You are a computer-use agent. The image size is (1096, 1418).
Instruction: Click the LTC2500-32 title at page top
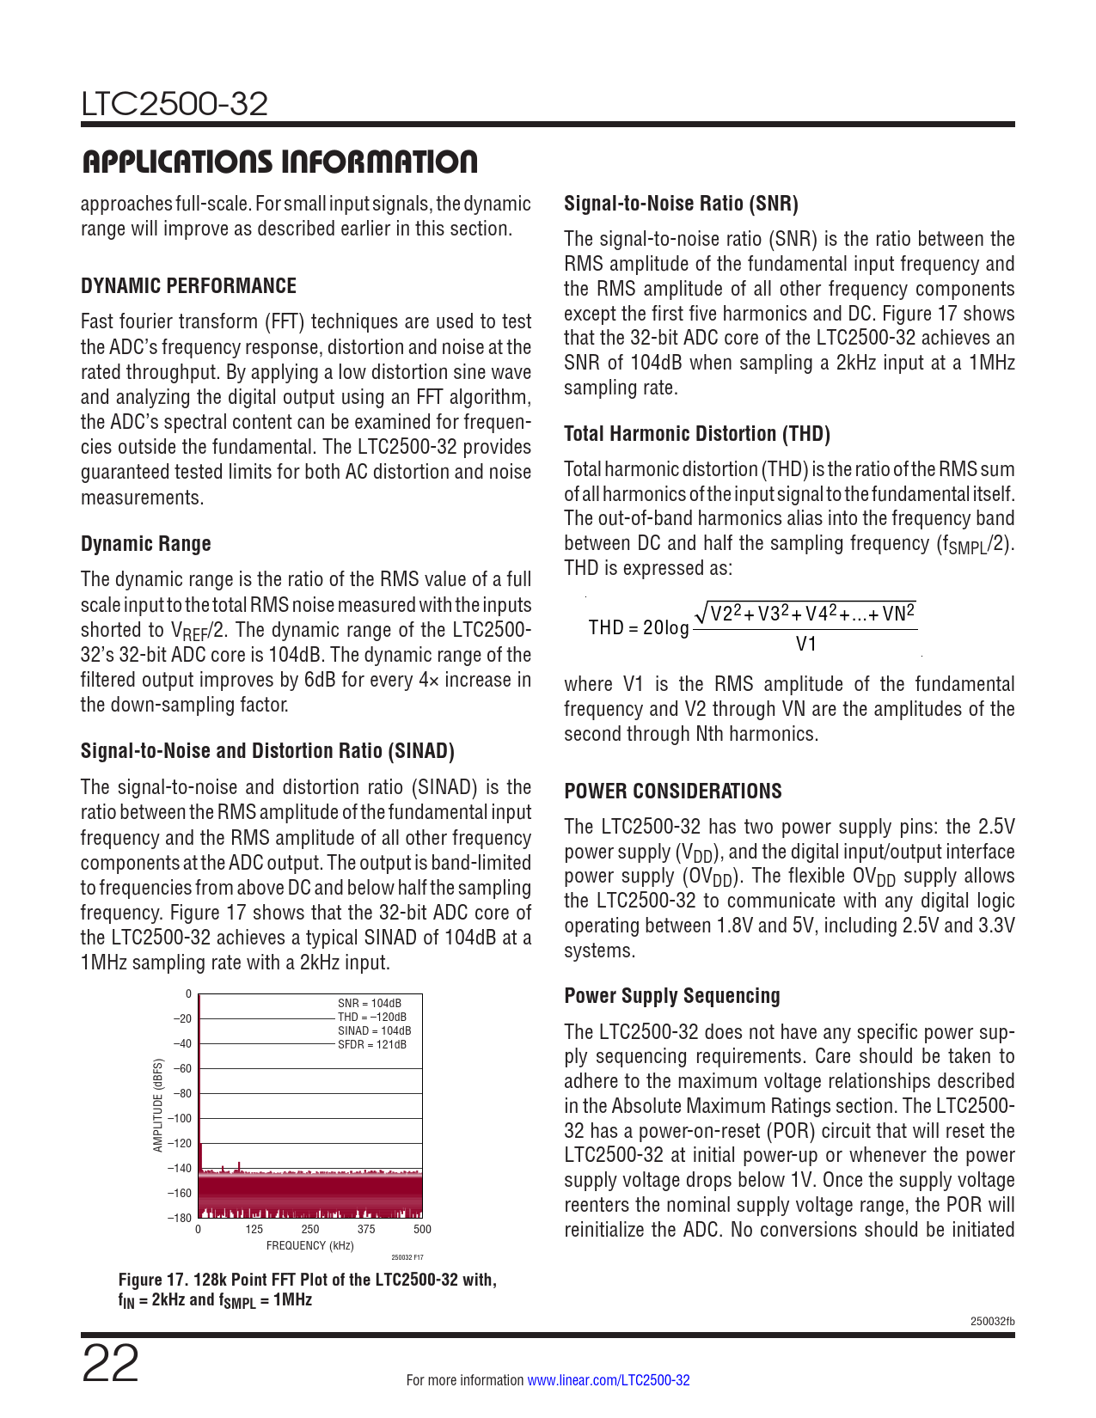click(175, 104)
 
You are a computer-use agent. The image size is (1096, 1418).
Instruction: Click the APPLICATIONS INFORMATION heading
click(279, 162)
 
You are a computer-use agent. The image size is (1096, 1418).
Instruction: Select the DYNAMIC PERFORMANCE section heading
click(188, 286)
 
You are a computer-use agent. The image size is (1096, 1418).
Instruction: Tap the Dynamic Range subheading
click(145, 544)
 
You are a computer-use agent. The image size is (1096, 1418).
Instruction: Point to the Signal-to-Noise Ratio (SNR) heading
click(681, 204)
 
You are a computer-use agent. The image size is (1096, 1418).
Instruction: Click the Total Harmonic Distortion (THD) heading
click(696, 434)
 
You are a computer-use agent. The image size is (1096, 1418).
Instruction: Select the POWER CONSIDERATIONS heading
click(673, 792)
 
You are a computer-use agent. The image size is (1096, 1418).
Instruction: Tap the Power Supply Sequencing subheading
click(672, 996)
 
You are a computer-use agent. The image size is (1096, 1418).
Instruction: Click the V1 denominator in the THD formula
click(805, 644)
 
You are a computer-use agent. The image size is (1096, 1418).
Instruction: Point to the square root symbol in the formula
click(701, 613)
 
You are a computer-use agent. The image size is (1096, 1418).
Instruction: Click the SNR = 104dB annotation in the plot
click(370, 1003)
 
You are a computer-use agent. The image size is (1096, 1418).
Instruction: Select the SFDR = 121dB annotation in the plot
click(372, 1044)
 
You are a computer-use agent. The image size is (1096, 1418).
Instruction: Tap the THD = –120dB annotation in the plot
click(372, 1017)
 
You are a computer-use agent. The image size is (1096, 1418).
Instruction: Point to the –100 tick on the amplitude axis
click(180, 1118)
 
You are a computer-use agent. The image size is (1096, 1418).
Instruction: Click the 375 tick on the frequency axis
click(366, 1229)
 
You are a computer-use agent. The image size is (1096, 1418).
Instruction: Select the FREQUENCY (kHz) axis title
click(309, 1245)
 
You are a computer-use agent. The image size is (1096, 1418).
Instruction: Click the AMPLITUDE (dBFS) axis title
click(158, 1105)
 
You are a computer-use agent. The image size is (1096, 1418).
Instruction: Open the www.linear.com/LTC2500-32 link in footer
click(608, 1380)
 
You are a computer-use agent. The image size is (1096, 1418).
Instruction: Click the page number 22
click(110, 1364)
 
